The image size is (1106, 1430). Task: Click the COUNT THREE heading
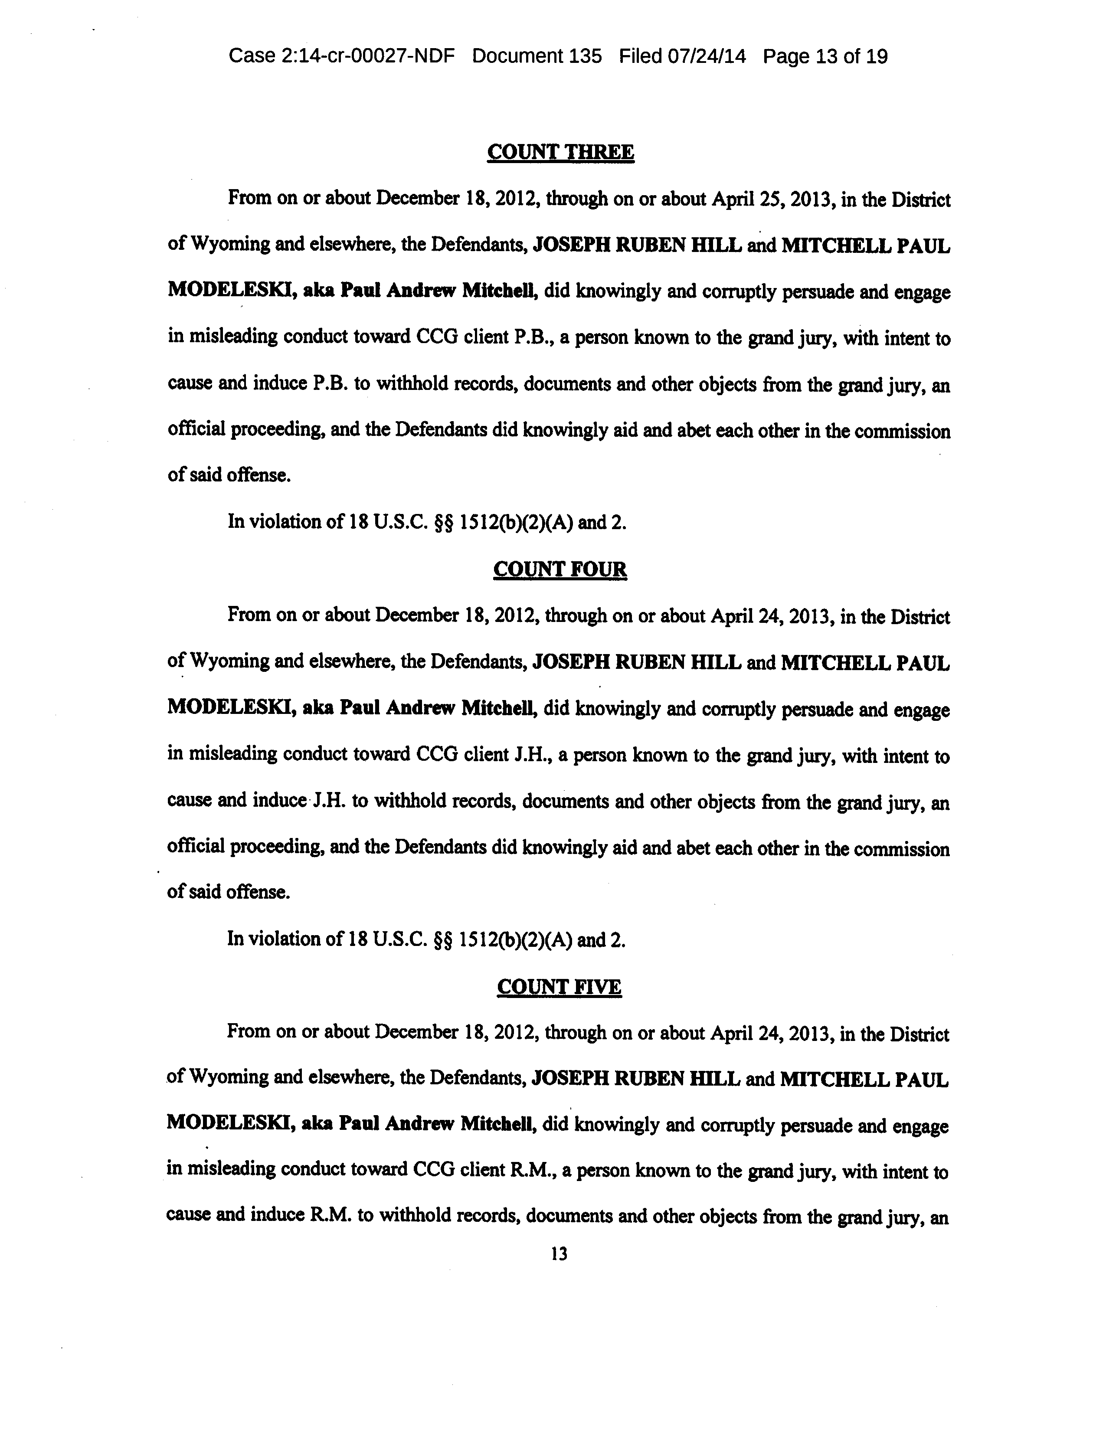(560, 153)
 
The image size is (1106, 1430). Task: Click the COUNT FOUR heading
(560, 569)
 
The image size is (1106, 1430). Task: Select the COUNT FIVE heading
(559, 987)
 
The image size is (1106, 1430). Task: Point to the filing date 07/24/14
(707, 56)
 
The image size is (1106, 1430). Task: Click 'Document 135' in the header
(537, 56)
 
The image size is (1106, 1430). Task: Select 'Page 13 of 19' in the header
(825, 56)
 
